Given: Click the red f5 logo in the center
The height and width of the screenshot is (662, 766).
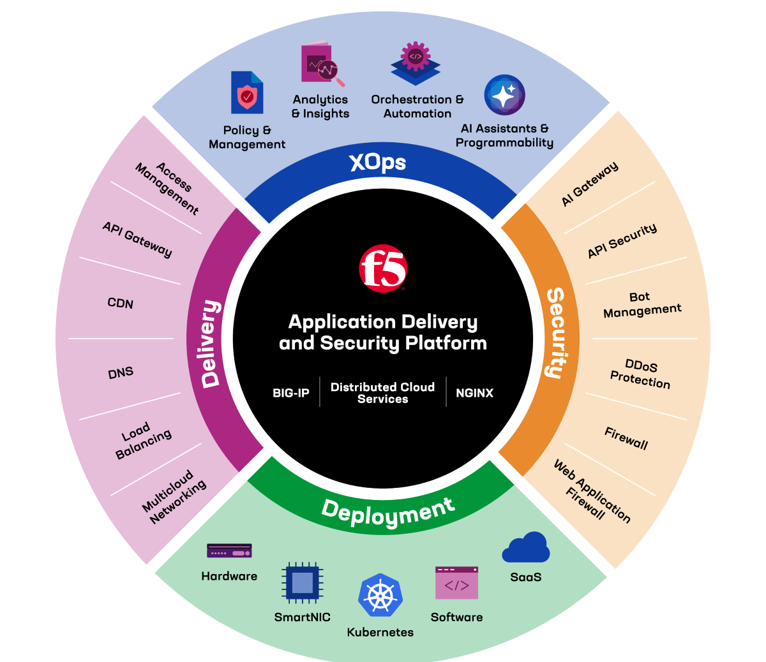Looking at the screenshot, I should pos(383,268).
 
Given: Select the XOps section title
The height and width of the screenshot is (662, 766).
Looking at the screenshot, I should pos(377,163).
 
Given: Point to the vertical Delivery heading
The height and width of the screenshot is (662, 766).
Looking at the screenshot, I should pos(211,344).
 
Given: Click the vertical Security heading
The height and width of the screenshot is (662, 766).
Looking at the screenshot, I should pos(555,333).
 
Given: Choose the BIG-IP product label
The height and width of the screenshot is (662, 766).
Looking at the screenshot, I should pos(291,393).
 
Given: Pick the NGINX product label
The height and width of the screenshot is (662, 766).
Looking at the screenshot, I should pos(474,393).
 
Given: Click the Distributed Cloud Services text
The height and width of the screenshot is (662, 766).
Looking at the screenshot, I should pos(382,393).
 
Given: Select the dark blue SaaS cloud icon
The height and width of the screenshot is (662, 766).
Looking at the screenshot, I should pos(526,548).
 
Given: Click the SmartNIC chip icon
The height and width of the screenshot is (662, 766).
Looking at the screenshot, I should pos(303,582).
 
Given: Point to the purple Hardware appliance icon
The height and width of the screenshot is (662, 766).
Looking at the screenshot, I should pos(229,551).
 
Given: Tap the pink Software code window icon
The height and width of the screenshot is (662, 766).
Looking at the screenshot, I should pos(456,583).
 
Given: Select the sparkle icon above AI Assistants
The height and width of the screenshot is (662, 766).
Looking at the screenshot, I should pos(504,96).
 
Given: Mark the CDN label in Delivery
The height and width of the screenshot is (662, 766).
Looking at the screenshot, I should pos(121,303).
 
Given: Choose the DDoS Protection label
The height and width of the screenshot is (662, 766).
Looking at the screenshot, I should pos(640,374).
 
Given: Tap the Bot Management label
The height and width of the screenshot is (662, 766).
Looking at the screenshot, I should pos(642,304).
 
